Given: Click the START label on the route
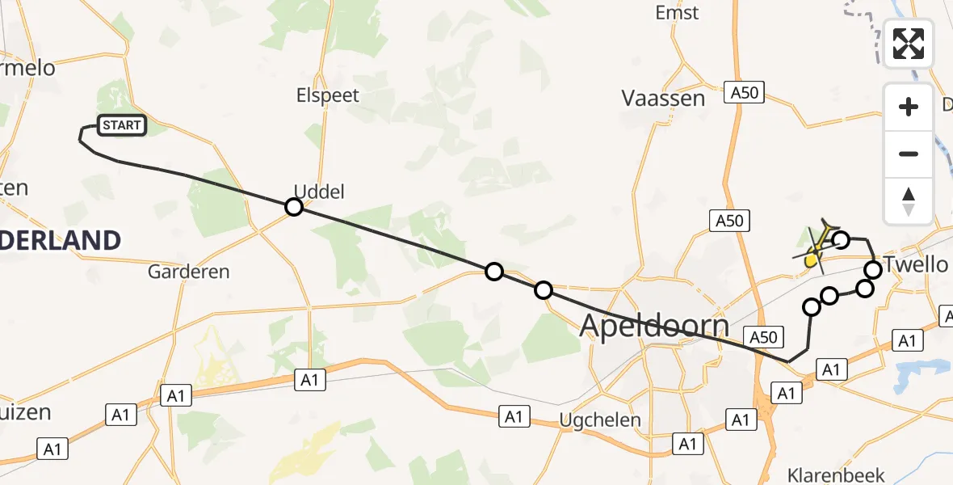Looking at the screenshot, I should click(x=122, y=125).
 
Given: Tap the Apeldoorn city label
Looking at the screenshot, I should click(x=654, y=326).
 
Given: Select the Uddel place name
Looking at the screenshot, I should click(x=319, y=192).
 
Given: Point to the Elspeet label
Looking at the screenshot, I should click(x=327, y=95).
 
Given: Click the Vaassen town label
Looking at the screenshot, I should click(x=663, y=99).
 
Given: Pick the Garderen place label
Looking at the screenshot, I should click(x=189, y=272).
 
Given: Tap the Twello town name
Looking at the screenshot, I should click(x=916, y=264).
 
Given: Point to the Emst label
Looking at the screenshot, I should click(x=678, y=13).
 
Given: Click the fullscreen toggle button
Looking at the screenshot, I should click(x=909, y=43).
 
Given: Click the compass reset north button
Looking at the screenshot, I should click(x=909, y=200).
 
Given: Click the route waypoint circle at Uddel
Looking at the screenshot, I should click(x=294, y=207).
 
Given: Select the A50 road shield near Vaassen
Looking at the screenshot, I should click(x=744, y=93).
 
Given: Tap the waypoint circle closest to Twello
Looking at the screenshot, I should click(x=873, y=269).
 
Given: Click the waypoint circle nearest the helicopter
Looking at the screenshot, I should click(x=841, y=239).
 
